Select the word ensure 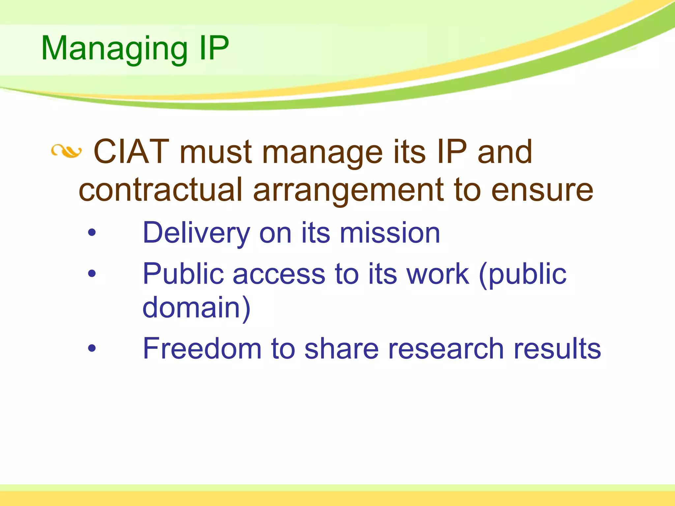click(542, 190)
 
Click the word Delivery click(196, 233)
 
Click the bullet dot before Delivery click(92, 233)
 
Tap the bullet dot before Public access click(92, 273)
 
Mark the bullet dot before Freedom click(92, 348)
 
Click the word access click(279, 274)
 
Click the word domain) click(196, 308)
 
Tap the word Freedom click(202, 349)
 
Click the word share click(341, 349)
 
